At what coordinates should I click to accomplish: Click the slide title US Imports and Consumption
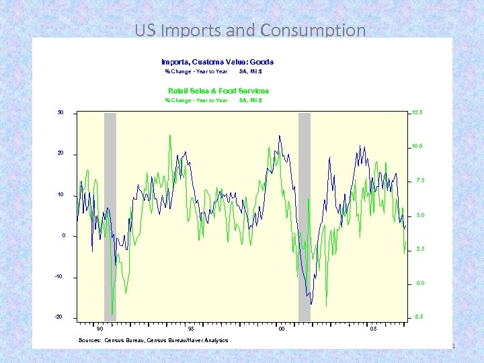click(x=250, y=30)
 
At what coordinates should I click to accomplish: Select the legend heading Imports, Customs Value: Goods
click(x=217, y=62)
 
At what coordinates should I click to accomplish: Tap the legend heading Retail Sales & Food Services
click(x=218, y=91)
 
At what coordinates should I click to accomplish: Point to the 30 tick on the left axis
click(x=60, y=112)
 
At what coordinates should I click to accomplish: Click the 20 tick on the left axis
click(x=60, y=154)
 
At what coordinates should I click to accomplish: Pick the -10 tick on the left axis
click(x=59, y=277)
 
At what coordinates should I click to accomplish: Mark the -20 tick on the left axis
click(x=59, y=317)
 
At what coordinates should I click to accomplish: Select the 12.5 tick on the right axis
click(x=417, y=112)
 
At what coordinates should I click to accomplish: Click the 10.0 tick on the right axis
click(x=417, y=146)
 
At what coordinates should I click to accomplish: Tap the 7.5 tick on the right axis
click(x=419, y=181)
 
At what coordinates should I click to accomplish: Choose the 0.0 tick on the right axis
click(x=419, y=283)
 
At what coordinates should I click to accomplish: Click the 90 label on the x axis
click(x=99, y=329)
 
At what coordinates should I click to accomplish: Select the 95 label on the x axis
click(x=191, y=329)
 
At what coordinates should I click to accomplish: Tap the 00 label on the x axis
click(x=282, y=329)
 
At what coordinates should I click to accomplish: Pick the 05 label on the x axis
click(x=373, y=329)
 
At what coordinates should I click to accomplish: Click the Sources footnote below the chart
click(x=153, y=340)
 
